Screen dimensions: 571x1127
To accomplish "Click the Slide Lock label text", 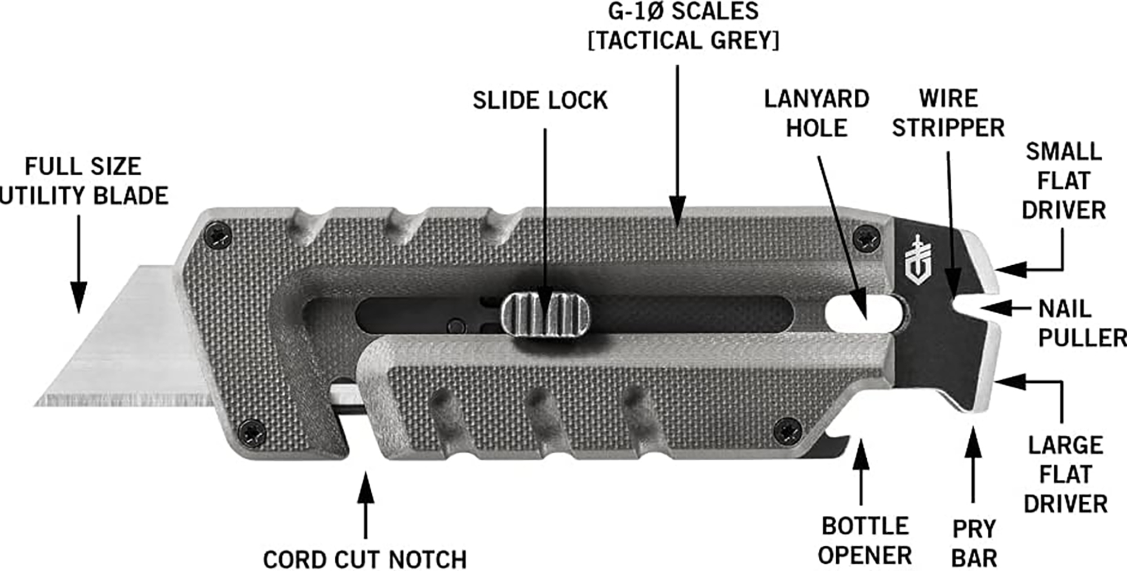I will tap(540, 101).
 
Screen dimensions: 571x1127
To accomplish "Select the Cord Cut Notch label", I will tap(365, 559).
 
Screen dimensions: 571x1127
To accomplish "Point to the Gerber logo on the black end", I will tap(917, 260).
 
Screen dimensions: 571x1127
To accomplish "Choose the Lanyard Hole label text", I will tap(817, 113).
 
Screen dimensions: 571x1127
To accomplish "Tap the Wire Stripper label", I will tap(948, 113).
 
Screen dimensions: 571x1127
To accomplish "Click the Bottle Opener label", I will tap(865, 541).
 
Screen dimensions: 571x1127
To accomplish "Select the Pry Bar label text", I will tap(974, 543).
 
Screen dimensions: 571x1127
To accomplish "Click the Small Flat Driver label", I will tap(1063, 181).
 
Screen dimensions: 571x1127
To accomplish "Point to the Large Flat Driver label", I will tap(1065, 474).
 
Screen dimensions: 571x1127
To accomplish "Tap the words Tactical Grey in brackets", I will tap(684, 41).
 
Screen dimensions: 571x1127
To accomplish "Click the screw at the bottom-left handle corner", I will tap(252, 433).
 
